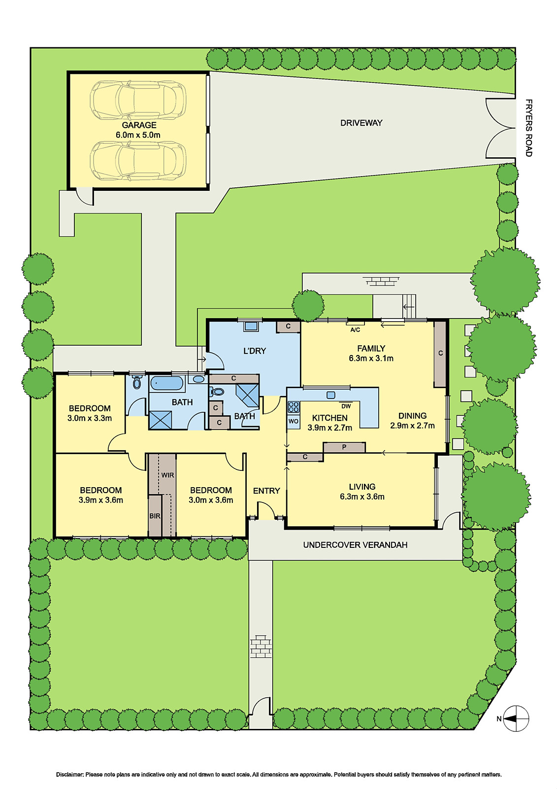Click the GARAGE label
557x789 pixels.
[139, 125]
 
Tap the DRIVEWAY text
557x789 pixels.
[361, 123]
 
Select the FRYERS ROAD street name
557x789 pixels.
[528, 128]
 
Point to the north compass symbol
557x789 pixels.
[516, 718]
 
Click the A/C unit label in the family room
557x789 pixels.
[355, 329]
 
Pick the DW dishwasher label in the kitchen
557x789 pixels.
[346, 406]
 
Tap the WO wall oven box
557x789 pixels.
[294, 421]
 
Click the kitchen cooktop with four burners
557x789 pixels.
[294, 407]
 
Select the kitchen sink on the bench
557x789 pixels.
[331, 395]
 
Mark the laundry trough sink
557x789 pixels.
[251, 326]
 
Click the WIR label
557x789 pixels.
[167, 475]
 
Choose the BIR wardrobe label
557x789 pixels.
[155, 516]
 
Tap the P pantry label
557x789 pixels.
[344, 447]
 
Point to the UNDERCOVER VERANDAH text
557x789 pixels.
[355, 545]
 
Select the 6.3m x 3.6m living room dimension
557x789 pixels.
[362, 497]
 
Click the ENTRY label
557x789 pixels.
[266, 491]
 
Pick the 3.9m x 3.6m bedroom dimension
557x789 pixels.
[100, 500]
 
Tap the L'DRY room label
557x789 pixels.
[255, 351]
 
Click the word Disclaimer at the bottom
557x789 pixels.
[69, 775]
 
